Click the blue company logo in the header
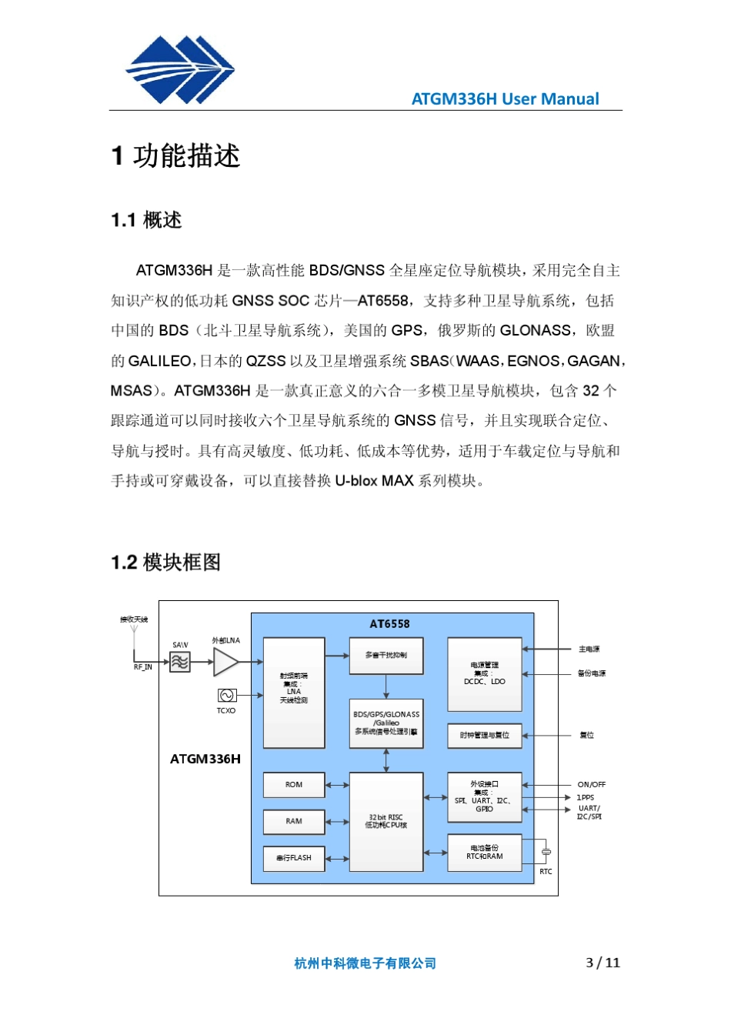(x=180, y=70)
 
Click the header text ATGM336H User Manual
(x=505, y=99)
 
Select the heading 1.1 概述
(x=146, y=220)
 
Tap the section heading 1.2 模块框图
(x=165, y=563)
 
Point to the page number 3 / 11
(x=602, y=963)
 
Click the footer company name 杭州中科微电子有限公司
(x=365, y=963)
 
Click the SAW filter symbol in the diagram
(x=179, y=662)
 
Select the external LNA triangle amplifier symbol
(x=225, y=662)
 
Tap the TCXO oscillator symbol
(x=226, y=696)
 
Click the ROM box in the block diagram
(x=294, y=785)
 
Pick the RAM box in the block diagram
(x=294, y=822)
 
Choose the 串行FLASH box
(x=294, y=858)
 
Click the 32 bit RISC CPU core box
(x=386, y=822)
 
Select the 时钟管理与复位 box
(x=485, y=736)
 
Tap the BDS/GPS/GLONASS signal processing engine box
(x=386, y=723)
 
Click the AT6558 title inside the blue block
(x=390, y=624)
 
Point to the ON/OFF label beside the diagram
(x=591, y=785)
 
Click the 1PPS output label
(x=586, y=798)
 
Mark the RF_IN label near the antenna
(x=142, y=667)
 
